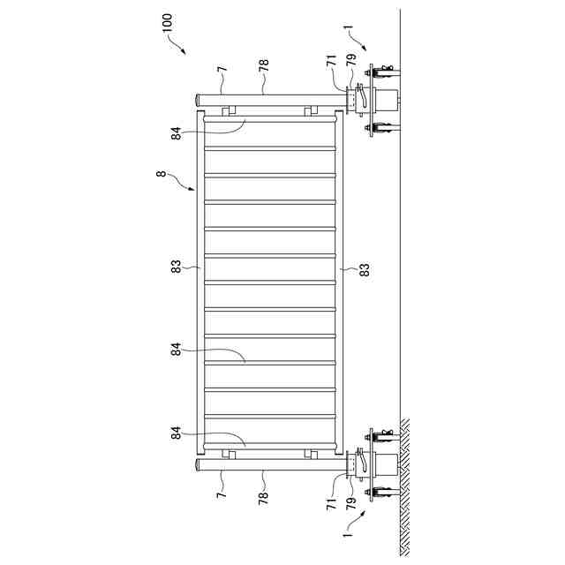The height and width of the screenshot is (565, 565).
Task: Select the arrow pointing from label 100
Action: coord(183,49)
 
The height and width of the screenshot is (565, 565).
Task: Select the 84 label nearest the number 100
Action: coord(176,132)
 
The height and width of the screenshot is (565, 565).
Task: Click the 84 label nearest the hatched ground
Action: coord(176,433)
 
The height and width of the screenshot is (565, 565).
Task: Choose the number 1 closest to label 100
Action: coord(350,36)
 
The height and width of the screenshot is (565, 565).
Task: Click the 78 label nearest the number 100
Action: coord(264,64)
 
